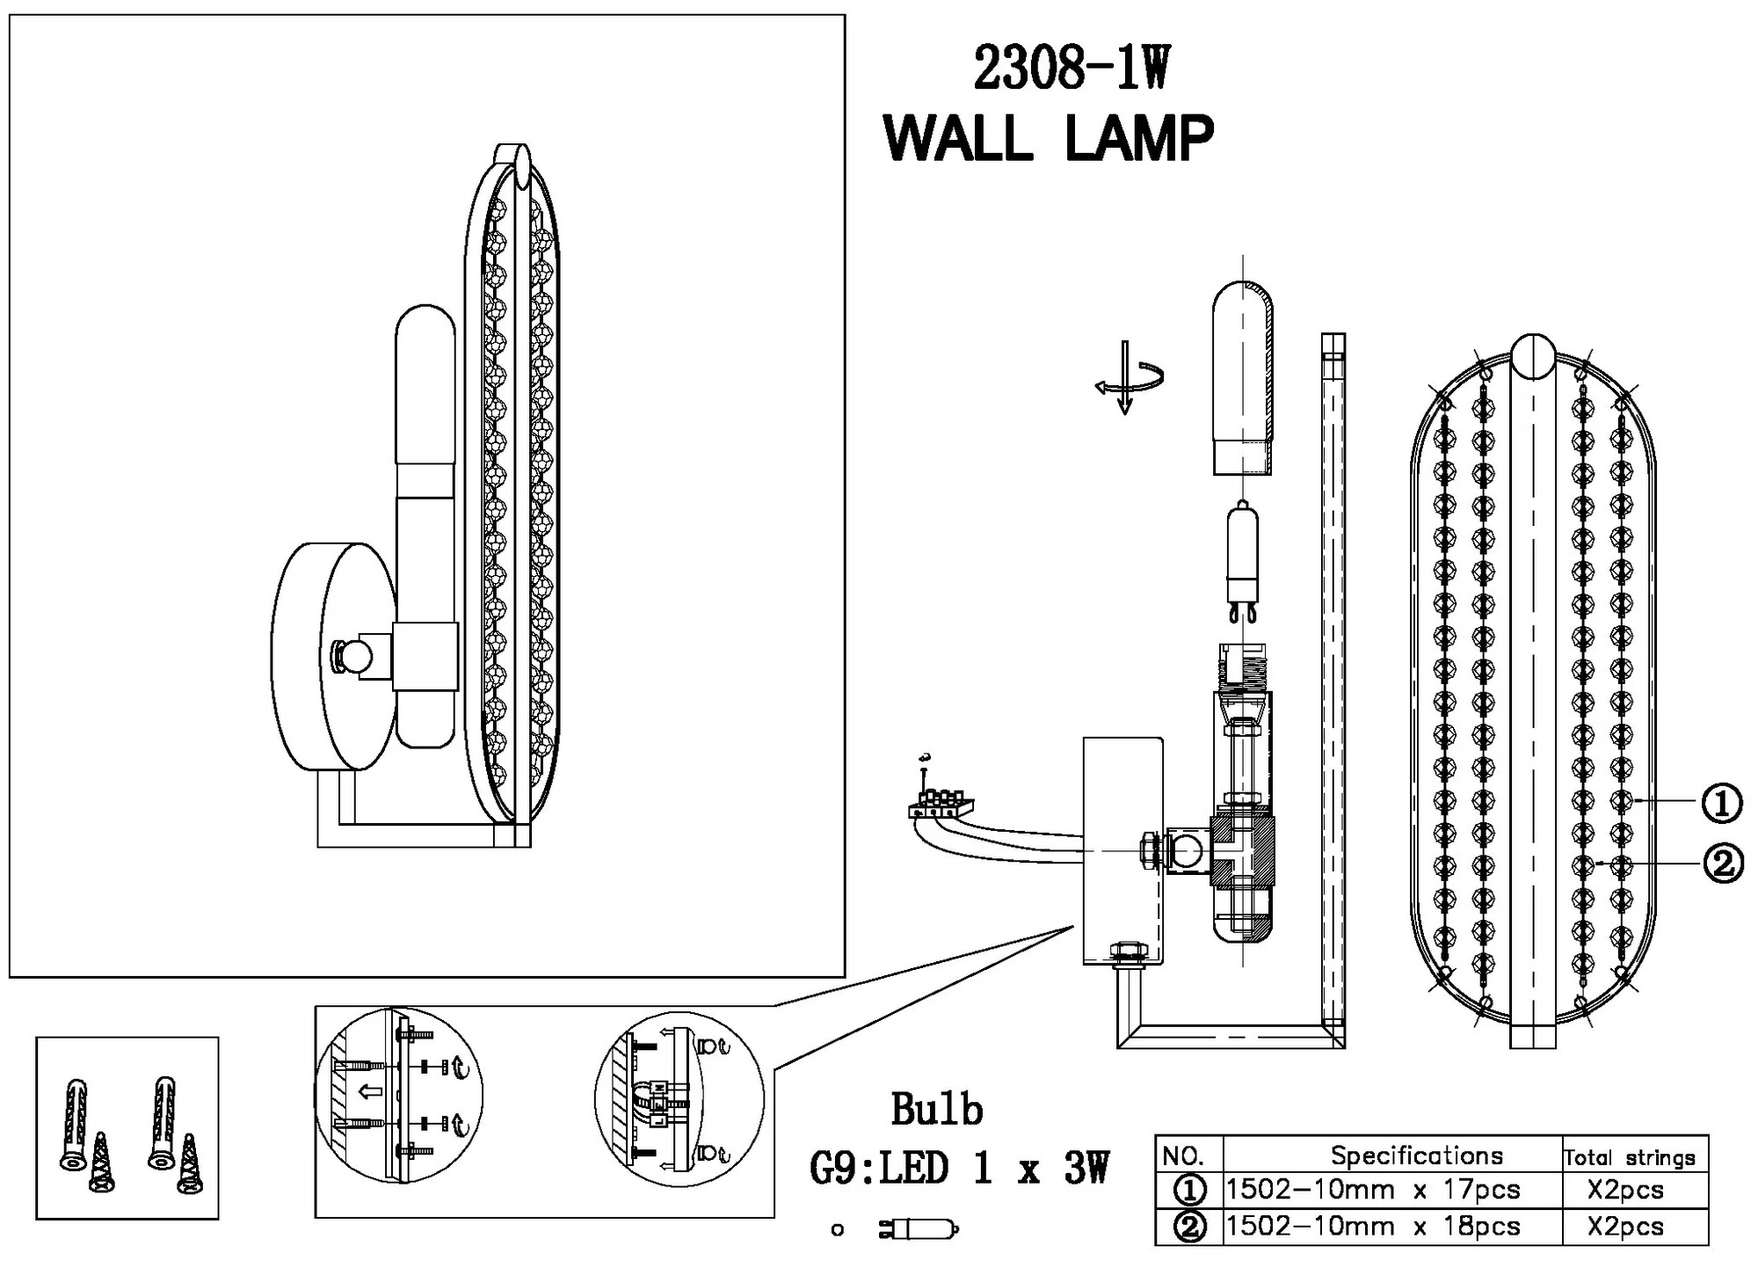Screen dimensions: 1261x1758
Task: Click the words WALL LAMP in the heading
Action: [x=1048, y=139]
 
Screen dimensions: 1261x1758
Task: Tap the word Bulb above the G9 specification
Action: [x=936, y=1110]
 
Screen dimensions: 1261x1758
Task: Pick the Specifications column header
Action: [x=1416, y=1155]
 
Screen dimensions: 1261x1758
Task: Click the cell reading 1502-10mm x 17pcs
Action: [x=1372, y=1190]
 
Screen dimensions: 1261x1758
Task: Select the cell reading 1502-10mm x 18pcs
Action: [x=1372, y=1227]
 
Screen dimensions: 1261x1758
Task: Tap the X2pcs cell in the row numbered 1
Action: [x=1625, y=1190]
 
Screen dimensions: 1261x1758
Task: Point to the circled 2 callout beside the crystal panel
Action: [x=1723, y=864]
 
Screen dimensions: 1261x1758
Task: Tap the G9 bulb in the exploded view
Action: [x=1242, y=558]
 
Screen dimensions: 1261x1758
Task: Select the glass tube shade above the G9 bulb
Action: [x=1243, y=378]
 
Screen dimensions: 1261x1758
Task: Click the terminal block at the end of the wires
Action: [x=941, y=804]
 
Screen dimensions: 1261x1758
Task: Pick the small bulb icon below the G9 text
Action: [x=919, y=1228]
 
